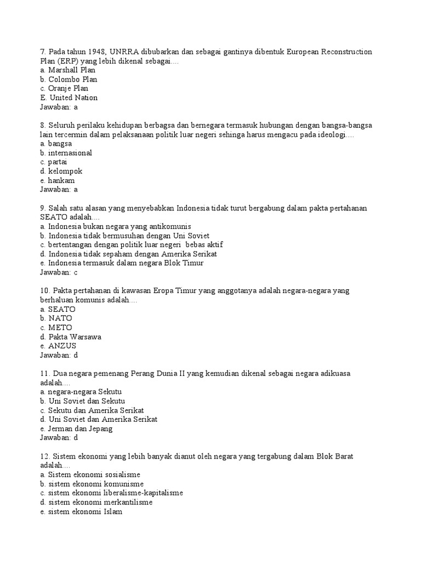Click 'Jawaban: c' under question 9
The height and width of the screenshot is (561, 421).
coord(55,272)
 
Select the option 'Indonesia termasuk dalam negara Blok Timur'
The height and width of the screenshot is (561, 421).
coord(122,263)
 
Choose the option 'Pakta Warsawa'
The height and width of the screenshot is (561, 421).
coord(70,337)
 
